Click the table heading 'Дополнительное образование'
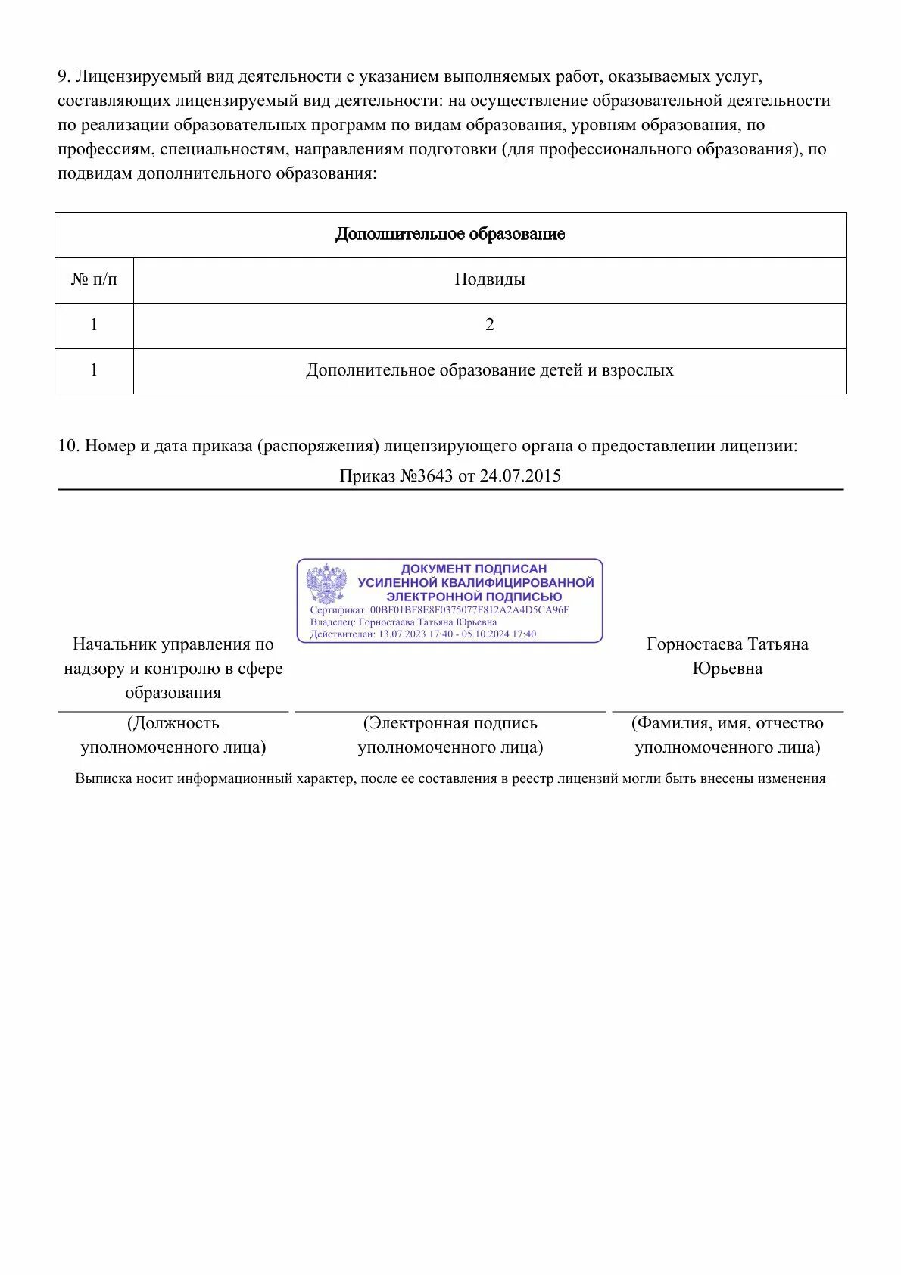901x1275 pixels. pos(450,235)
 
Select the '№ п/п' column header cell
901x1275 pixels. pos(94,280)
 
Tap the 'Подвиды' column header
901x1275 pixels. pos(489,280)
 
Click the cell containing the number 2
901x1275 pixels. pos(489,326)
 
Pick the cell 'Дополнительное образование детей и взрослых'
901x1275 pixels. pos(489,371)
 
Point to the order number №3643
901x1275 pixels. pos(426,476)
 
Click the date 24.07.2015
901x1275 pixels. pos(520,476)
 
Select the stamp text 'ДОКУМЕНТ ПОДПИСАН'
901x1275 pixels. pos(473,569)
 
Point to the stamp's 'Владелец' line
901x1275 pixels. pos(404,622)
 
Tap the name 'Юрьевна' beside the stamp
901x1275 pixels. pos(727,669)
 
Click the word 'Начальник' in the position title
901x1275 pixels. pos(115,644)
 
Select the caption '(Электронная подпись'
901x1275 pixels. pos(450,724)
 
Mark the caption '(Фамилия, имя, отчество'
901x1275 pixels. pos(727,724)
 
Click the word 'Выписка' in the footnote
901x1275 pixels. pos(104,779)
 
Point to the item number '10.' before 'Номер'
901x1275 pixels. pos(69,446)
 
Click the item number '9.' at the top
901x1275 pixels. pos(64,77)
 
